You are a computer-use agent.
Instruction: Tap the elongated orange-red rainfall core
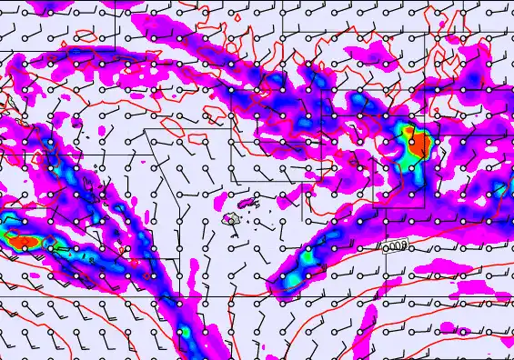[23, 242]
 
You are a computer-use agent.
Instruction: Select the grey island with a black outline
[232, 219]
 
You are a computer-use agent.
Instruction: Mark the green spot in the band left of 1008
[309, 258]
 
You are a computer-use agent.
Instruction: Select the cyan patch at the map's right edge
[503, 188]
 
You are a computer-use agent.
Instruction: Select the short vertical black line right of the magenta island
[302, 208]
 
